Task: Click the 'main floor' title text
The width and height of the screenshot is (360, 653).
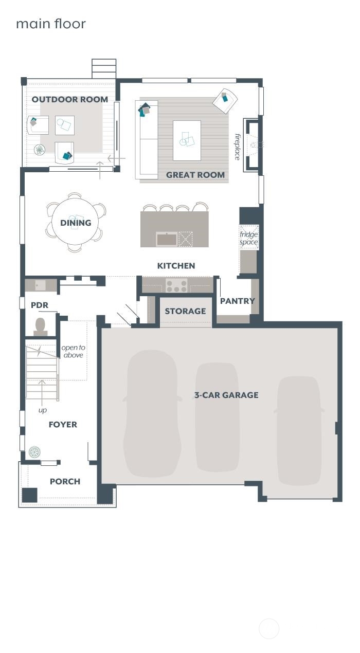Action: coord(51,24)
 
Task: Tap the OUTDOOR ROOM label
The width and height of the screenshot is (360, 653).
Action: coord(69,99)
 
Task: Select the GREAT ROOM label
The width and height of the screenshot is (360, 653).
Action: coord(195,175)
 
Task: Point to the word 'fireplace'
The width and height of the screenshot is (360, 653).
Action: coord(238,147)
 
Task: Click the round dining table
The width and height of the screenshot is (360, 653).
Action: coord(75,222)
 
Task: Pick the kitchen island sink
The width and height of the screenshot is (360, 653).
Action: coord(167,239)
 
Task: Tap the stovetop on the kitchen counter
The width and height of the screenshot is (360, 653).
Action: coord(176,286)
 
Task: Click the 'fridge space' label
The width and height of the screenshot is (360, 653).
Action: coord(248,238)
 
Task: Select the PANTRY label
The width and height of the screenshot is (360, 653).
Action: coord(237,301)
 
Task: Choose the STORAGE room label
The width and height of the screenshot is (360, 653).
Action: coord(185,311)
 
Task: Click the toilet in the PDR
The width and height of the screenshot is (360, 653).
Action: coord(40,327)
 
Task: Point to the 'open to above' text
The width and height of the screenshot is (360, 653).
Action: coord(73,351)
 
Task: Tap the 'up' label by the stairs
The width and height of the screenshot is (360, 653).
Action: coord(43,410)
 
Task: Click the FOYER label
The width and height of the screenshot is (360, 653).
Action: coord(63,425)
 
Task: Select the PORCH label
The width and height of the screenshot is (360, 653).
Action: coord(65,481)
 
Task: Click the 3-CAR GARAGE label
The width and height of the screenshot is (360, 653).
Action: coord(226,395)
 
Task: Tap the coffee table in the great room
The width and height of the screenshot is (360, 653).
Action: coord(187,140)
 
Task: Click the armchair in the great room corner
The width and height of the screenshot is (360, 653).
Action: coord(225,101)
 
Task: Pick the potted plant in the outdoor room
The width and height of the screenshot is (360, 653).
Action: coord(40,150)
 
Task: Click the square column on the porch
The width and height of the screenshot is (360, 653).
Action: coord(30,495)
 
